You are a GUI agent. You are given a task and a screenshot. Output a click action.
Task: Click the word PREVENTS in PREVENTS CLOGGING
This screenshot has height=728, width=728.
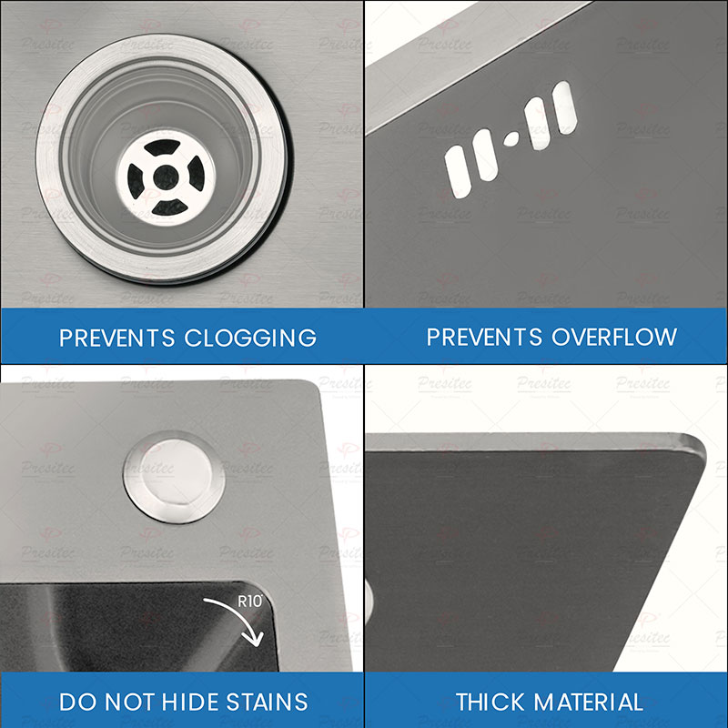(x=117, y=338)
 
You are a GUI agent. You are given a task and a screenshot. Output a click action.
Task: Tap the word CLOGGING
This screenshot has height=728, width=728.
(x=250, y=338)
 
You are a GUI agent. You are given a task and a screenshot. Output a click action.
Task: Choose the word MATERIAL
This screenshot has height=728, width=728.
(x=590, y=702)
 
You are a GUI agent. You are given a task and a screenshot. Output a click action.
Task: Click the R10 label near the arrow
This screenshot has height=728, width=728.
(x=249, y=601)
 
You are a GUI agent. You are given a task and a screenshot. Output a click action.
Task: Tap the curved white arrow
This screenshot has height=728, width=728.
(x=238, y=624)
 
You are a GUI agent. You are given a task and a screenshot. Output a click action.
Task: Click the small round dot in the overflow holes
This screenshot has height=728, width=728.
(x=511, y=139)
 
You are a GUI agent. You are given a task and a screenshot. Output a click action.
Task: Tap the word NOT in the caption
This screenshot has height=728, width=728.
(x=124, y=702)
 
